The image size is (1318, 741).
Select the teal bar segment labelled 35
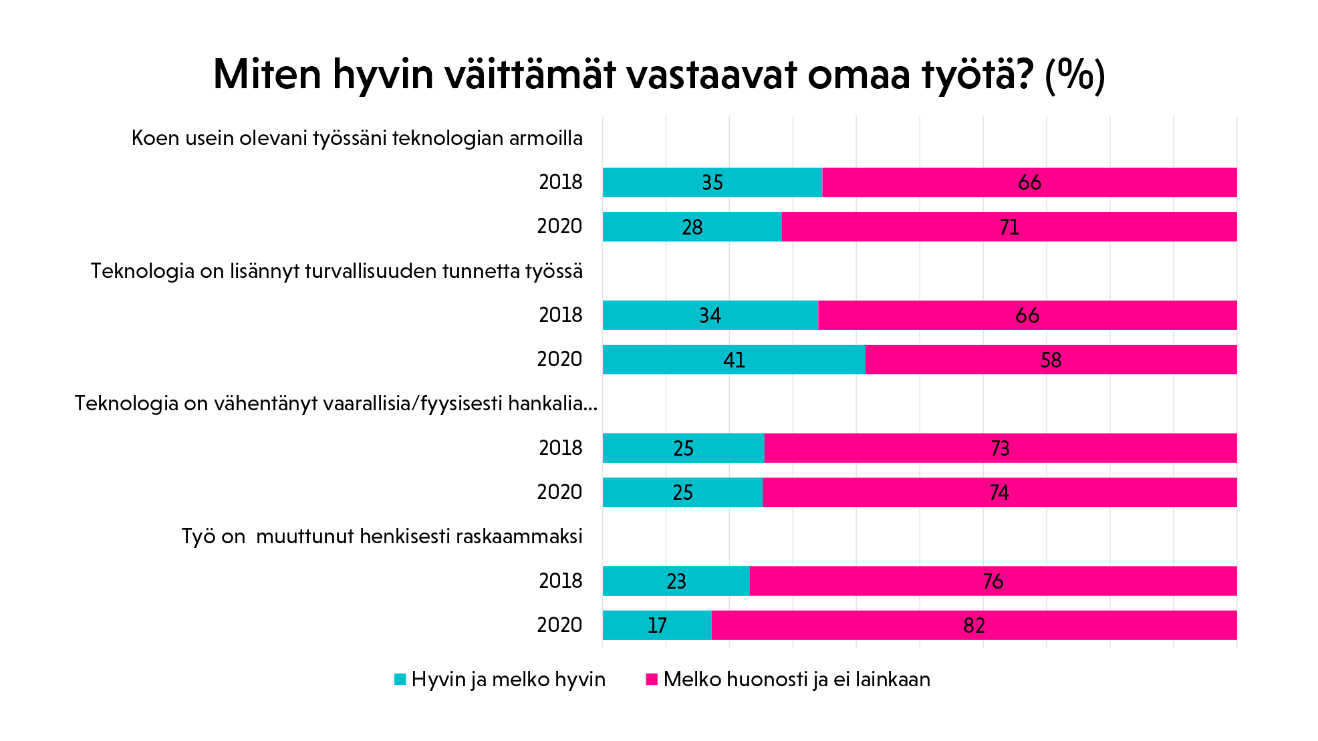tap(712, 182)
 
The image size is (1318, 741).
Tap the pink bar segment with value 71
tap(1009, 227)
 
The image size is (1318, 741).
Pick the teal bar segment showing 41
tap(734, 359)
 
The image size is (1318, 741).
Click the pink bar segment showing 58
tap(1051, 359)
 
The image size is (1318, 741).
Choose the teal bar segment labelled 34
tap(710, 315)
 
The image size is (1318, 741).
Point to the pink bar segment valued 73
tap(1001, 448)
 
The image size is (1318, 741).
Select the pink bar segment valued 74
tap(1000, 492)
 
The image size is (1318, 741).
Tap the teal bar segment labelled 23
tap(676, 581)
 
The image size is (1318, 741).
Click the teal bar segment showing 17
tap(657, 625)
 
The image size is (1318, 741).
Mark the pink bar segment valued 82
tap(974, 625)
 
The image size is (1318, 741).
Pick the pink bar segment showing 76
tap(993, 581)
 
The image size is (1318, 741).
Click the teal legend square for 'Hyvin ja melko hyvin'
tap(400, 680)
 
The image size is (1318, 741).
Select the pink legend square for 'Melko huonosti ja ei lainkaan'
tap(652, 680)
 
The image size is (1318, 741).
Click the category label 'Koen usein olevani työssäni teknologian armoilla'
tap(357, 138)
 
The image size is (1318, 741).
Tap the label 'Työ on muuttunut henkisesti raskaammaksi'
tap(382, 537)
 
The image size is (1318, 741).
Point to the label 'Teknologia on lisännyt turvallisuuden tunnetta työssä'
tap(337, 271)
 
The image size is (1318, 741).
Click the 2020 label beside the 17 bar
tap(559, 625)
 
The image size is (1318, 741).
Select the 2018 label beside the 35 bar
tap(560, 182)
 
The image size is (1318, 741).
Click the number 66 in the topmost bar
tap(1029, 182)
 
